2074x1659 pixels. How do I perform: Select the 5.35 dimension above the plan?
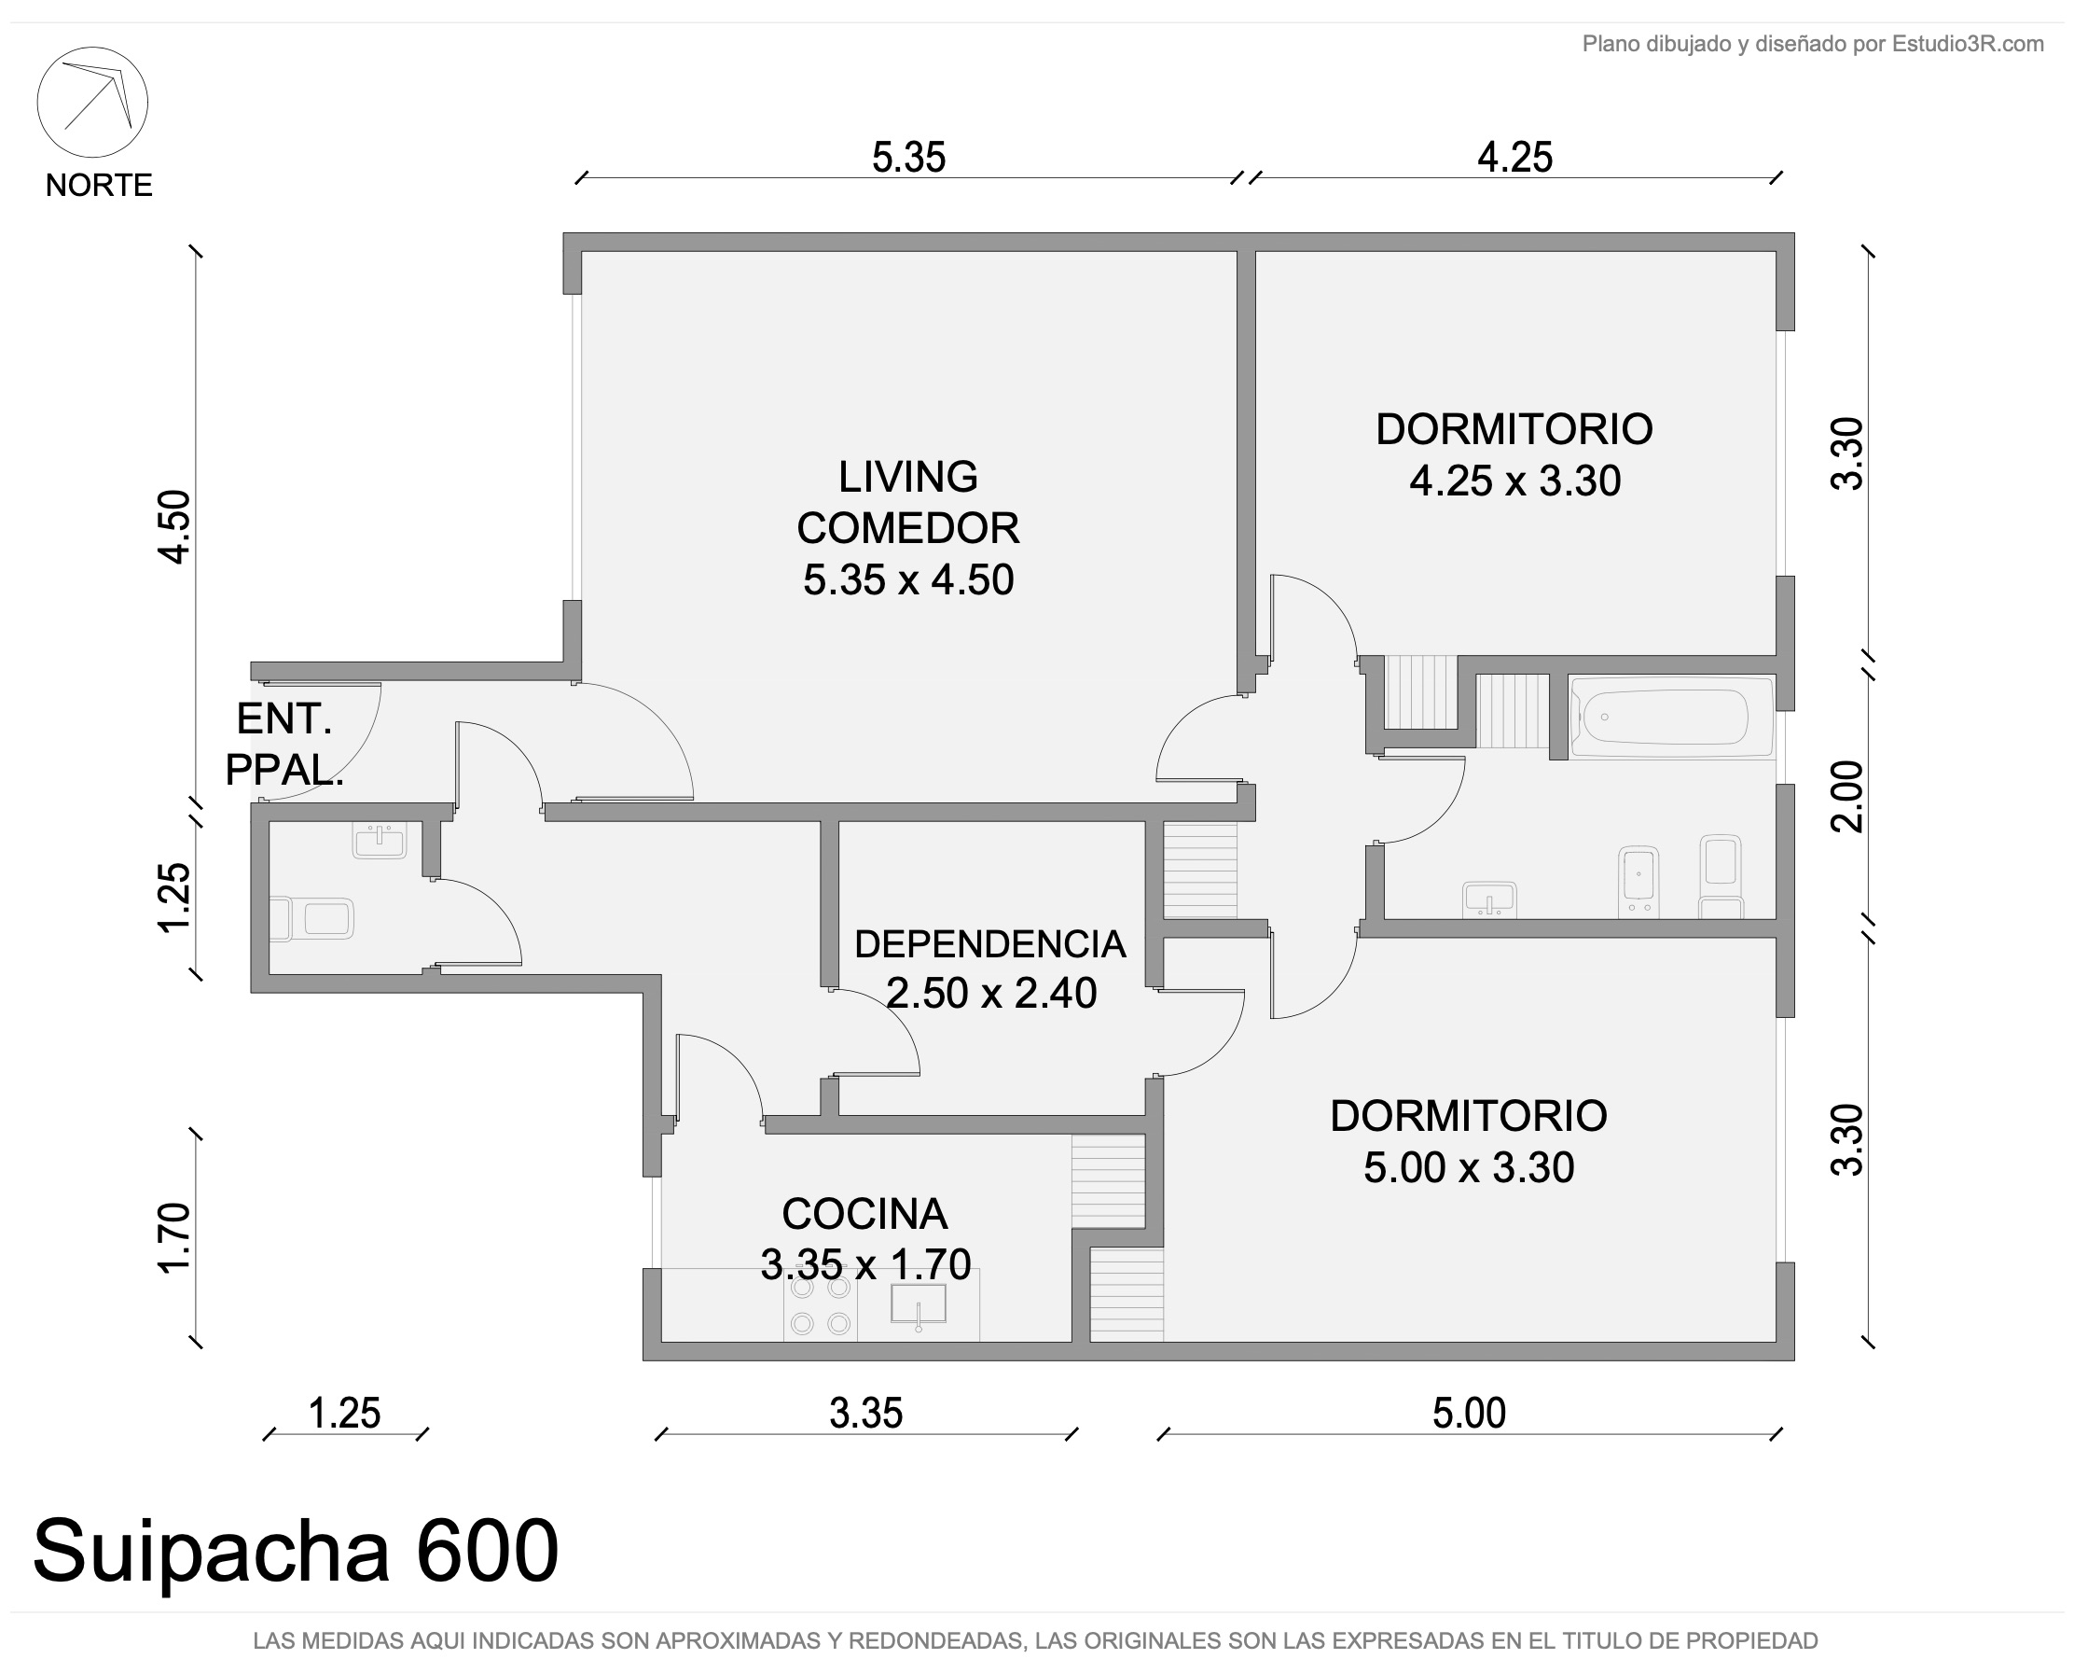point(909,157)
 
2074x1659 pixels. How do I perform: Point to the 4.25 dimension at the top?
point(1515,157)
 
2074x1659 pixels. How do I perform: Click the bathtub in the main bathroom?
point(1672,716)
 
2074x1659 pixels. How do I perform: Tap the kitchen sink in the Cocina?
point(919,1304)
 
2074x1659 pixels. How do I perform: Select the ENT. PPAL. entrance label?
point(283,744)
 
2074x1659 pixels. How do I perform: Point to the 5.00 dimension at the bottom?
point(1469,1414)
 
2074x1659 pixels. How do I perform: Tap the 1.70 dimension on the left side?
point(174,1237)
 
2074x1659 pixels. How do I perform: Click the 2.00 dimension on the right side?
point(1847,796)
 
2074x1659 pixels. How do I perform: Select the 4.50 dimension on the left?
point(174,526)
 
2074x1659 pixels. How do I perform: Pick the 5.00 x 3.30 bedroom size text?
point(1469,1167)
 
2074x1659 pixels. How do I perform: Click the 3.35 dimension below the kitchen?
point(865,1414)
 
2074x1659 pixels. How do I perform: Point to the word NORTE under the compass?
point(99,185)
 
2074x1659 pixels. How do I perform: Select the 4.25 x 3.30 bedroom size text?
point(1515,481)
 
